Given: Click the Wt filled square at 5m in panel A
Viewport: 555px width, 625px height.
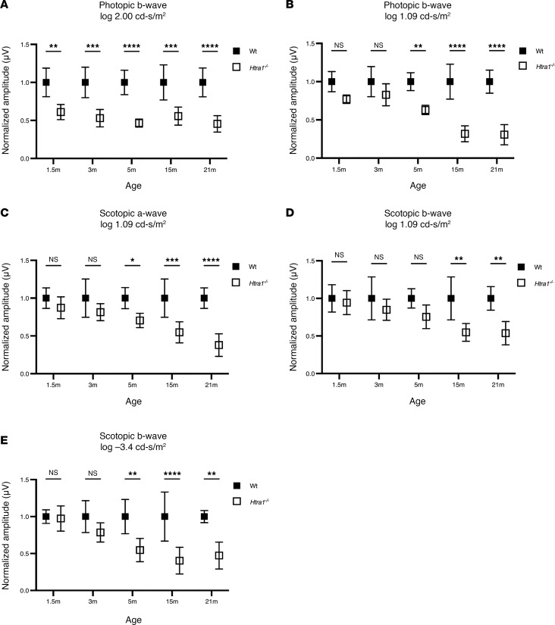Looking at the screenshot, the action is tap(124, 83).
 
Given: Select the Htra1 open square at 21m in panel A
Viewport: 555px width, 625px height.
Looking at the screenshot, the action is tap(218, 124).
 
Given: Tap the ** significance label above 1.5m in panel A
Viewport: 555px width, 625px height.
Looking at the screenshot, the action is tap(54, 47).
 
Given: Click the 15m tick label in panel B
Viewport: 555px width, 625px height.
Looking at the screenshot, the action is tap(457, 170).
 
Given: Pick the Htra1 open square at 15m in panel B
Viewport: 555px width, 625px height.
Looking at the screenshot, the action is tap(465, 134).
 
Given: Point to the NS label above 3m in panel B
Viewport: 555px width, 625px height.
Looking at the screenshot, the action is tap(378, 45).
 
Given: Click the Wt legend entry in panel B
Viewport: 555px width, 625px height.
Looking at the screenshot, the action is tap(531, 51).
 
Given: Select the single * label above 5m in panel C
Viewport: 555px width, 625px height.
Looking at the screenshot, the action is tap(133, 261).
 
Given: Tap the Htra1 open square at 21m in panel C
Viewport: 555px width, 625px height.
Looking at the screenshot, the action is tap(218, 345).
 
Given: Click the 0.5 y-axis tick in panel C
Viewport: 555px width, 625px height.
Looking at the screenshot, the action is tap(24, 336).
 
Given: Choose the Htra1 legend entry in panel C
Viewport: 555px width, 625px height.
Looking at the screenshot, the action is tap(250, 283).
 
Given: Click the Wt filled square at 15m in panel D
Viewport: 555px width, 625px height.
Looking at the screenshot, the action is tap(451, 298).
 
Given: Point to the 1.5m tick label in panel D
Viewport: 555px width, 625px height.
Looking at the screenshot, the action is tap(339, 385).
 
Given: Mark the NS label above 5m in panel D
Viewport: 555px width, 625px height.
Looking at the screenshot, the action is tap(419, 258).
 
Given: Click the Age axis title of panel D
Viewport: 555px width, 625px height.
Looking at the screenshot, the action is tap(417, 402).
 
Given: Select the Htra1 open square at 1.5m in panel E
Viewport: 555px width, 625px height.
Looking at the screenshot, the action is tap(61, 519).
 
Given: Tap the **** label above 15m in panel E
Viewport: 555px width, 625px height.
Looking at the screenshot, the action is tap(172, 474).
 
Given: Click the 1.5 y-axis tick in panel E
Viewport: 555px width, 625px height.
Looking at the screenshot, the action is tap(24, 480).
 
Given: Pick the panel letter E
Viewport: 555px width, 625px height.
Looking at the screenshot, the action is tap(4, 440).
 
